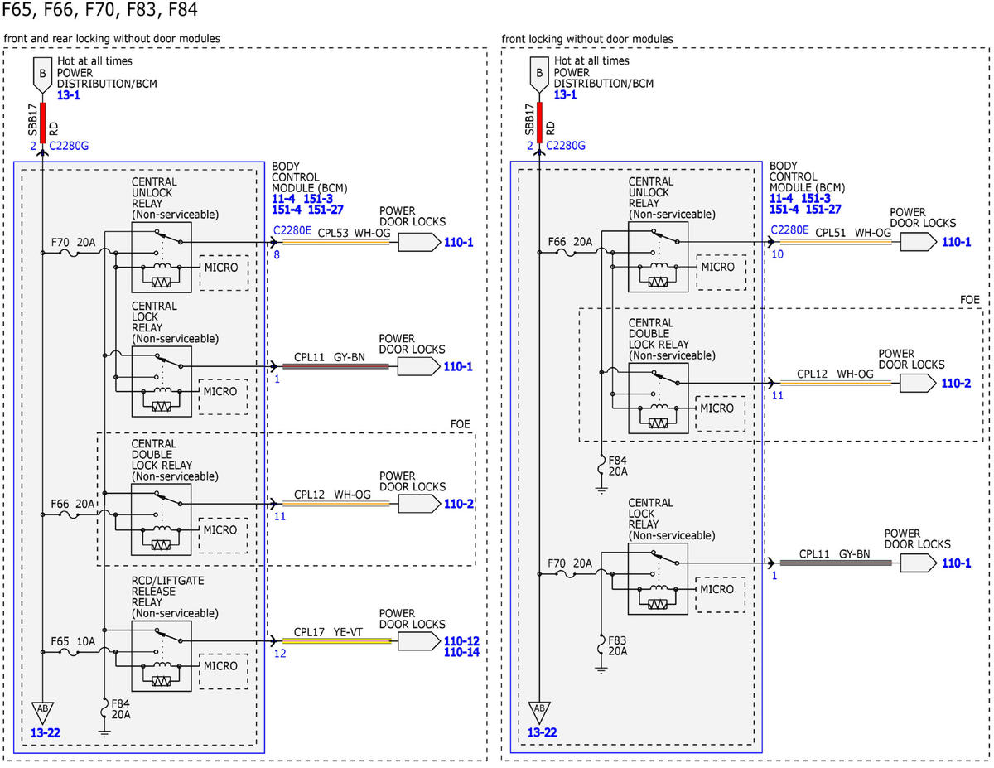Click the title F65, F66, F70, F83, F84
tap(99, 10)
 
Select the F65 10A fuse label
tap(73, 641)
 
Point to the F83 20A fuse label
tap(618, 645)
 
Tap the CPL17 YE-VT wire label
tap(328, 631)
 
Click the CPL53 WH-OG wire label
tap(354, 233)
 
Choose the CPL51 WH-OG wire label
tap(853, 232)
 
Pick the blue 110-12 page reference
tap(461, 641)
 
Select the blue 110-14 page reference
tap(461, 652)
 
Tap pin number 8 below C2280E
tap(277, 255)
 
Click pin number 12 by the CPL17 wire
tap(280, 653)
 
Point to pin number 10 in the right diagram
tap(778, 254)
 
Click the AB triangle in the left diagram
tap(42, 712)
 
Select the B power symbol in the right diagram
tap(539, 75)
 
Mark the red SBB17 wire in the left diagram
tap(42, 123)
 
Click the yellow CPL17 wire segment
tap(336, 641)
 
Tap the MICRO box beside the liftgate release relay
tap(224, 671)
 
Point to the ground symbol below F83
tap(601, 670)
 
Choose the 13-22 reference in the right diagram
tap(542, 732)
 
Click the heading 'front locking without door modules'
tap(587, 39)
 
